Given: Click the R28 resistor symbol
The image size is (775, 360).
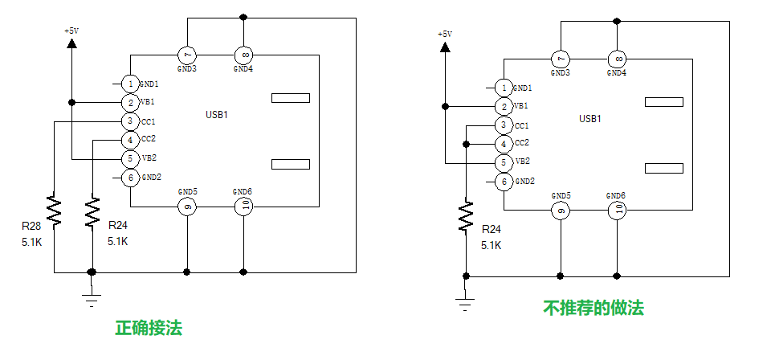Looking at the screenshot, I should point(53,211).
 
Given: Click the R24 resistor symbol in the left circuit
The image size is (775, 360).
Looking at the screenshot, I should point(93,211).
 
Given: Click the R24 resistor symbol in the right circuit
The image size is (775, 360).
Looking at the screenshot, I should point(466,215).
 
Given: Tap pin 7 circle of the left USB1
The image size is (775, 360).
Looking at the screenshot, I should point(187,55).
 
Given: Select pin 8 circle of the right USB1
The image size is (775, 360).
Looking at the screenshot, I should point(617,59).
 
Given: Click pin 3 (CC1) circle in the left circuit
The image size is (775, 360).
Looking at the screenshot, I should point(130,121).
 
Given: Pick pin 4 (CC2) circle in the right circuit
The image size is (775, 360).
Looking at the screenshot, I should point(504,144).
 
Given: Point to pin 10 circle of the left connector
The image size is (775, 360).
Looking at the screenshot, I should point(243,207).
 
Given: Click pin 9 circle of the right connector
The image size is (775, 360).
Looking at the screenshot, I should point(561,211).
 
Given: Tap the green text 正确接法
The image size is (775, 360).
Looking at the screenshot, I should point(149,328).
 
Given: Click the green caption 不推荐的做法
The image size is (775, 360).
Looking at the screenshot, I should point(593,308).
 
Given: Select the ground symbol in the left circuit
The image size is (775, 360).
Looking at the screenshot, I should point(92,297).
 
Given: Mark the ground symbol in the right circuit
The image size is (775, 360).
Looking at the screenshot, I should point(464,303).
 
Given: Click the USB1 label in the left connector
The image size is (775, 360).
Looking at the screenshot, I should point(217,115).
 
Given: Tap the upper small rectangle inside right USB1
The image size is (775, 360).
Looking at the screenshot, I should point(664,102).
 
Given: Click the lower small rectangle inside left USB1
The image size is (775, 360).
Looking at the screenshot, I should point(291,165).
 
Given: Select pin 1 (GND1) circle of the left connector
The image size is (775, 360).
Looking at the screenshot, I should point(130,84).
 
